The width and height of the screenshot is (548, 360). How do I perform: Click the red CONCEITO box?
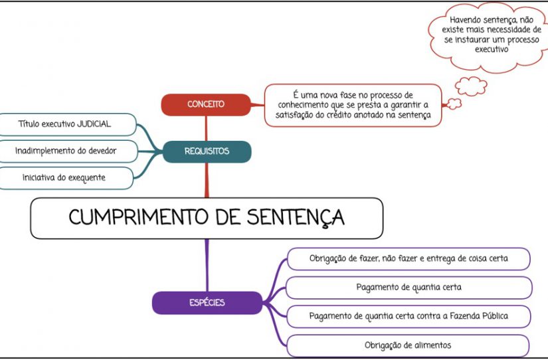point(206,104)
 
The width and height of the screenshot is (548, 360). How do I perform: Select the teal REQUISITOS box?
point(207,151)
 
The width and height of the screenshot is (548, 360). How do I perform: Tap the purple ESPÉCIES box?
point(207,303)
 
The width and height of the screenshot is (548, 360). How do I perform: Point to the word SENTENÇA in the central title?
point(296,218)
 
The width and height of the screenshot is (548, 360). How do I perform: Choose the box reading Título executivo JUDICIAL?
point(67,124)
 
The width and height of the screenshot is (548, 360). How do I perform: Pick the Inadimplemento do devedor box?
point(68,151)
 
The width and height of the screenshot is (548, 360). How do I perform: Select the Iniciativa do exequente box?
point(66,178)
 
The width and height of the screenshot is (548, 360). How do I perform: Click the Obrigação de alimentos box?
point(408,345)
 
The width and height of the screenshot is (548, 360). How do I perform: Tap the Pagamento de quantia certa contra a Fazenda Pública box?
point(409,317)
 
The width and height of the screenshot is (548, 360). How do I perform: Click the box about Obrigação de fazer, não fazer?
point(409,259)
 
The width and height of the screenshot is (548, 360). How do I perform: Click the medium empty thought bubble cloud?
point(471,86)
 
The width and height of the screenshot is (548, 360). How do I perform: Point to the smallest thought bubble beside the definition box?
point(454,104)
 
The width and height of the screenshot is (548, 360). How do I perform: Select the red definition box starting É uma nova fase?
point(353,105)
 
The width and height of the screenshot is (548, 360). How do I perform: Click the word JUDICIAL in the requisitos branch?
point(94,124)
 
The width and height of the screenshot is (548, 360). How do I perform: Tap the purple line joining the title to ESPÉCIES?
point(207,265)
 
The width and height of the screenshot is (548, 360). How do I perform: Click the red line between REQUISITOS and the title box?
point(207,180)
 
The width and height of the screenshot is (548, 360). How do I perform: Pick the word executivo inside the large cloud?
point(492,49)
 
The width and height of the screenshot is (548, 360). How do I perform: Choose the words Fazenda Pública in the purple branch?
point(479,316)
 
